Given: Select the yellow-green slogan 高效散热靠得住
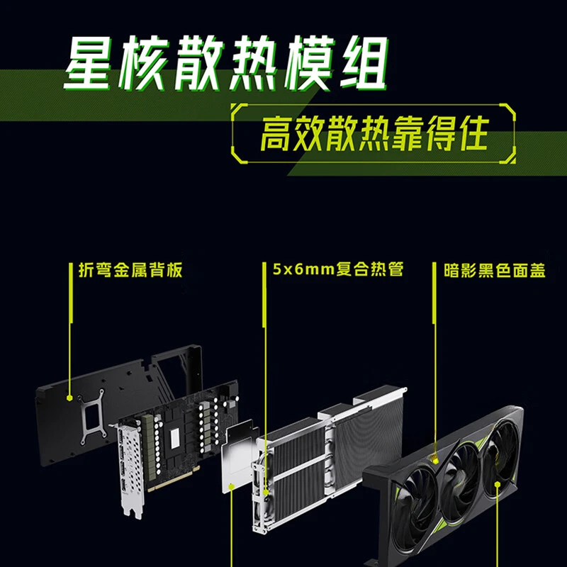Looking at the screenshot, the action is [374, 133].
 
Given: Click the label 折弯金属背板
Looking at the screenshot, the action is [130, 270].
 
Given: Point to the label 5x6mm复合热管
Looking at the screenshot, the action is [338, 269].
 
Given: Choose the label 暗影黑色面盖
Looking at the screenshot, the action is [494, 270].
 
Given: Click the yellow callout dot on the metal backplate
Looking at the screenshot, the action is [69, 398].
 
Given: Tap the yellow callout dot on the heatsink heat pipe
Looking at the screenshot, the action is [266, 492].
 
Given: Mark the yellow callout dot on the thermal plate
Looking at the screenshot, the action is [231, 486].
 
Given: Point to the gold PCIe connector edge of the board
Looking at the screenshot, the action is [174, 477].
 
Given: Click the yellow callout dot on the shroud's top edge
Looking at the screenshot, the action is [435, 461].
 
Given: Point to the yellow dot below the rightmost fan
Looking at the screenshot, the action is [498, 484].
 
